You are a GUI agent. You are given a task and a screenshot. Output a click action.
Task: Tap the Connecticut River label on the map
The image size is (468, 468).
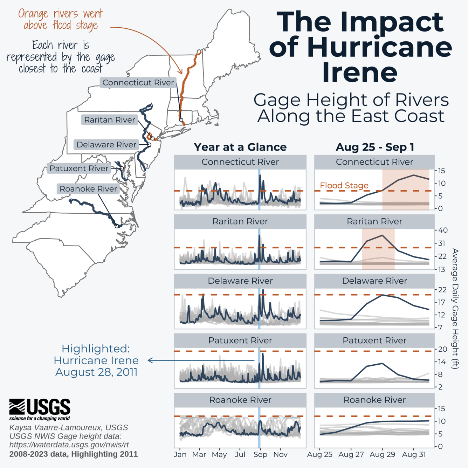tap(138, 83)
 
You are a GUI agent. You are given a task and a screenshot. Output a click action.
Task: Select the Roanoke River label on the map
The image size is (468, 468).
tap(88, 189)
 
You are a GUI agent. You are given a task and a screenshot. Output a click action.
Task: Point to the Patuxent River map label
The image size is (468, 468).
tap(79, 168)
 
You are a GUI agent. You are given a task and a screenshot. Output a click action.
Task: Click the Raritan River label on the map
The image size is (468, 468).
tap(109, 120)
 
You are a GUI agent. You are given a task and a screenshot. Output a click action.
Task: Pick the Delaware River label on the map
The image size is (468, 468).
tap(106, 145)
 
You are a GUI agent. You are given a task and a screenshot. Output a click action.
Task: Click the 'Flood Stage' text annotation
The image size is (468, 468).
tap(344, 185)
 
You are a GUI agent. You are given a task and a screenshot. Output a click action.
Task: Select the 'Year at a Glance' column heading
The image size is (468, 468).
tap(240, 147)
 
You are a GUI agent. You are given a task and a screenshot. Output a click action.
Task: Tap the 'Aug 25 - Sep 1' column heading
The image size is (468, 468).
tap(374, 147)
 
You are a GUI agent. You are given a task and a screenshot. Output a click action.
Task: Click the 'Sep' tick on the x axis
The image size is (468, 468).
tap(260, 454)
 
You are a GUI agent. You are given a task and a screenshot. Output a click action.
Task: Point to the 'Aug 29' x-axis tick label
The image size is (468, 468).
tap(382, 454)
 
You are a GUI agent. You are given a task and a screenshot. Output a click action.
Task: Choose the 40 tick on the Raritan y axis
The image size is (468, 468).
tap(443, 230)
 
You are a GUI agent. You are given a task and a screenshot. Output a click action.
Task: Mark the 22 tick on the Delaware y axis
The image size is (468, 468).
tap(442, 290)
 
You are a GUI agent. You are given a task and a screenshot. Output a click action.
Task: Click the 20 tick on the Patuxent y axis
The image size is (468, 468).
tap(442, 349)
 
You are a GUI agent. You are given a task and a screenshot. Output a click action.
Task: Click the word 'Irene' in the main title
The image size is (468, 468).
tap(360, 73)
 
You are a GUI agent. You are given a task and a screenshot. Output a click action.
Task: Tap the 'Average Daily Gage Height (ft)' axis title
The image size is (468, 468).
tap(455, 308)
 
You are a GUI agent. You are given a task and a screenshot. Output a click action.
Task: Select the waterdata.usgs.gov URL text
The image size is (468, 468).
tap(69, 445)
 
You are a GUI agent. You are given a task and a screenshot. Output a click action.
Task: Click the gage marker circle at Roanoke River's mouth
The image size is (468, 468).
tap(117, 226)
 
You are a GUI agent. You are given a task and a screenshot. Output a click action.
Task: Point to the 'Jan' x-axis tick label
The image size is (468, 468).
tap(180, 454)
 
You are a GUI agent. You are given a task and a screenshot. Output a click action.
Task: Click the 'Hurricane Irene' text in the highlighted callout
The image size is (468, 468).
tap(96, 360)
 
